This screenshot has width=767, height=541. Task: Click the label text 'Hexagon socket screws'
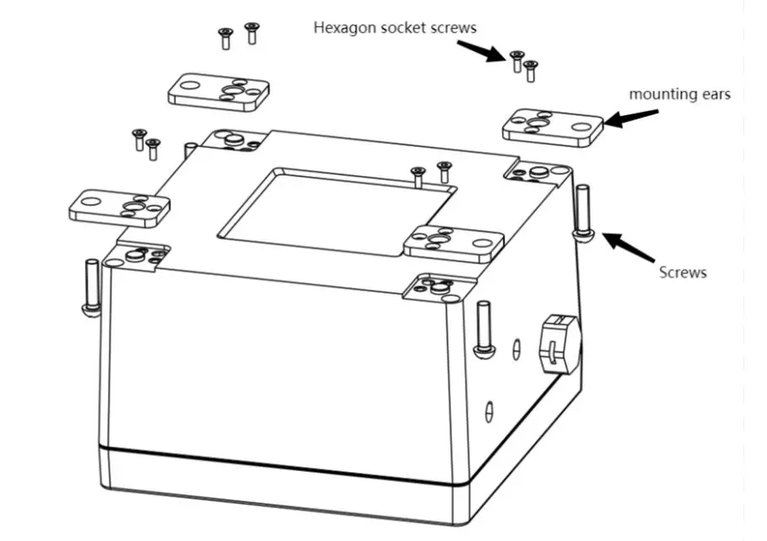click(395, 28)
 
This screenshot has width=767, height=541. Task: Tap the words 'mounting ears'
click(679, 94)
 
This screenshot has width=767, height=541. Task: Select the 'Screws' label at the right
click(682, 272)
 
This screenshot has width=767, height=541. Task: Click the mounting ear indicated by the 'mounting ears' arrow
click(553, 127)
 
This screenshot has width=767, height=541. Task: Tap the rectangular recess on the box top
click(337, 210)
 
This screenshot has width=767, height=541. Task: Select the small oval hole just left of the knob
click(516, 346)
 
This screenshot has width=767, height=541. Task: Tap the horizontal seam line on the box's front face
click(278, 464)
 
